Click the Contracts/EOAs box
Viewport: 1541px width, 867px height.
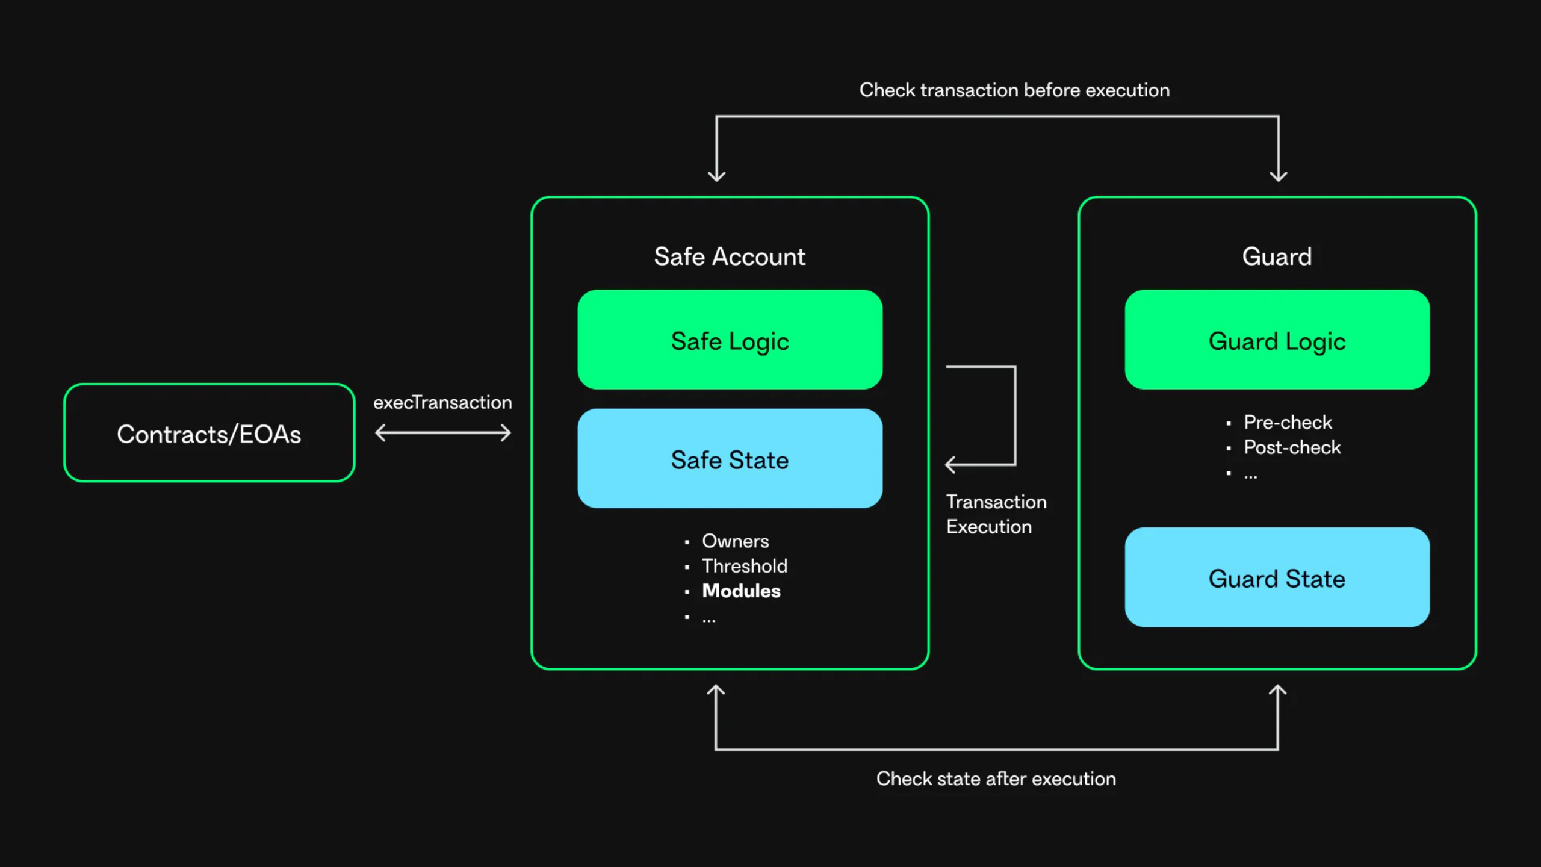point(209,433)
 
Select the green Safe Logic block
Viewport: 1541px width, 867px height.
point(730,340)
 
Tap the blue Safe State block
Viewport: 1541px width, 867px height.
point(730,459)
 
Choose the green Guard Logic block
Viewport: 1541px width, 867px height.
point(1277,340)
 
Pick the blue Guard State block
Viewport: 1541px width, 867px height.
point(1277,578)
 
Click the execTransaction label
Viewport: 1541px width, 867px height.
point(442,402)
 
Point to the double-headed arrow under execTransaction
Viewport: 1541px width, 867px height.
point(442,432)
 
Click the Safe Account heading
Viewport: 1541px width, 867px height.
point(730,256)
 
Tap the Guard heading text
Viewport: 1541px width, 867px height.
point(1277,256)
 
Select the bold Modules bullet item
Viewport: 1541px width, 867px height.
point(741,591)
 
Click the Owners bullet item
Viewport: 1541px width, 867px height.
point(735,541)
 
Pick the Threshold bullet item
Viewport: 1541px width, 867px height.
point(745,566)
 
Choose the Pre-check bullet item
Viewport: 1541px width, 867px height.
point(1288,422)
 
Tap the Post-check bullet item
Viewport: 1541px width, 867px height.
point(1292,447)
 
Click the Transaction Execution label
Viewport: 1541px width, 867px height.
point(996,514)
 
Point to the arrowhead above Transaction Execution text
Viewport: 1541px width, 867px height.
point(950,464)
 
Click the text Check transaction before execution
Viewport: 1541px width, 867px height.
point(1014,90)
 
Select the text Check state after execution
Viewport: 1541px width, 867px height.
point(996,778)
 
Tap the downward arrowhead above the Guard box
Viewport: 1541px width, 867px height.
point(1278,175)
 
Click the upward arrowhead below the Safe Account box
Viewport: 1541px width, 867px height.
point(716,691)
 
